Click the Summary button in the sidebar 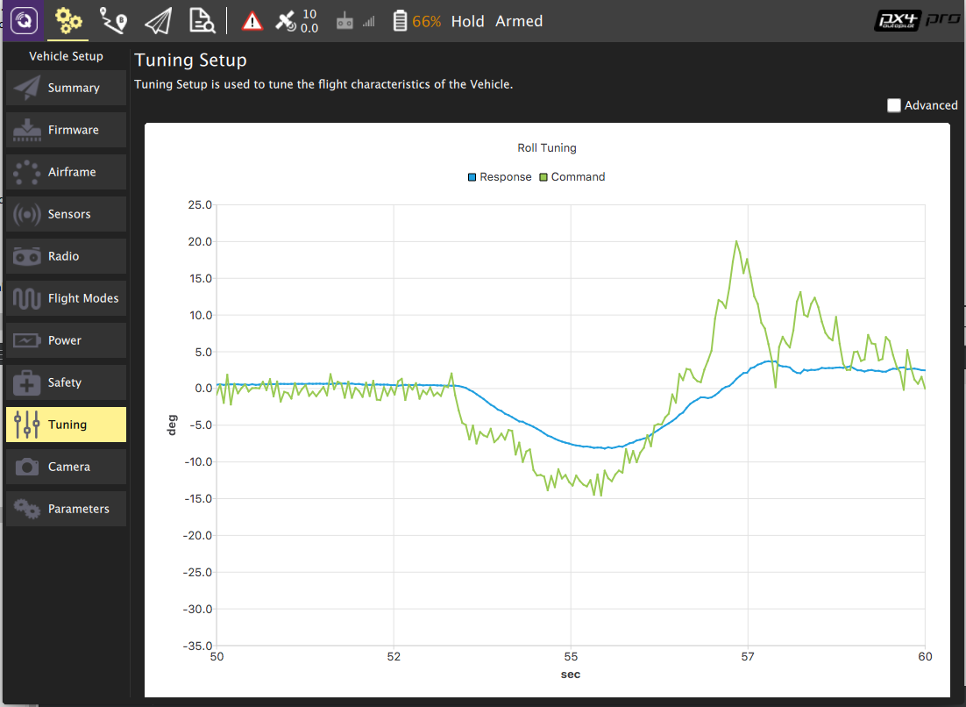(66, 88)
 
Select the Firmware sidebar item (66, 130)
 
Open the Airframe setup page (66, 172)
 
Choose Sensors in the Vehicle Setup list (66, 214)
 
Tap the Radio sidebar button (66, 256)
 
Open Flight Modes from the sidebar (66, 298)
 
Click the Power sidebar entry (66, 340)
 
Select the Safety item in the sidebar (66, 382)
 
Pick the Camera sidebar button (66, 467)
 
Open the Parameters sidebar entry (66, 509)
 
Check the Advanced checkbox (894, 105)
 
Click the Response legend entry (500, 177)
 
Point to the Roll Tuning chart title (547, 148)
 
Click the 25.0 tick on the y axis (201, 205)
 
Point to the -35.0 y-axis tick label (198, 646)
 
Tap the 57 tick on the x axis (748, 657)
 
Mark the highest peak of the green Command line (736, 241)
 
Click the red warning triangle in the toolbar (252, 21)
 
